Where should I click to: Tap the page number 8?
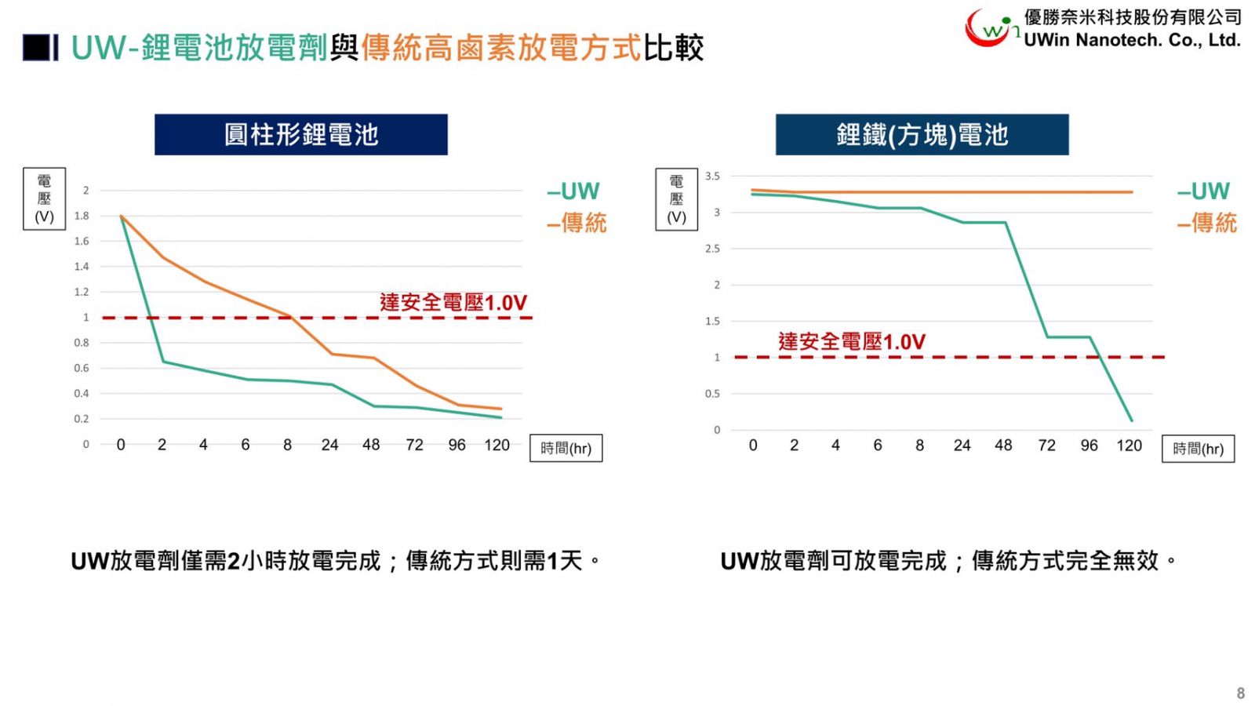[1240, 693]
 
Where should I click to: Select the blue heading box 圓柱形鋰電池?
[301, 135]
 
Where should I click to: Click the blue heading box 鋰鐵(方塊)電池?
[922, 135]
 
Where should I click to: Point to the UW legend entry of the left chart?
[574, 191]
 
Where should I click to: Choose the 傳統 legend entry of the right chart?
[1207, 224]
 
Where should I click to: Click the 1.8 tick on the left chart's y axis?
[82, 216]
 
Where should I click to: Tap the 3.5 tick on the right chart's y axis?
[712, 176]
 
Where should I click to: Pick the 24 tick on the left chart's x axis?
[329, 446]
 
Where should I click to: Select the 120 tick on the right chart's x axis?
[1129, 446]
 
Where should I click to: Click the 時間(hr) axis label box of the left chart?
[566, 449]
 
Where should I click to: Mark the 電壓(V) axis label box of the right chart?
[676, 200]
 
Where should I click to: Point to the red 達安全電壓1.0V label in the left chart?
[453, 303]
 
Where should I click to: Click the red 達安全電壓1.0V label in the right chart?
[852, 342]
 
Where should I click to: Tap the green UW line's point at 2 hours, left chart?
[163, 362]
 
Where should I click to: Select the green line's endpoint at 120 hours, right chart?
[1131, 420]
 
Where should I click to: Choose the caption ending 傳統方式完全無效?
[948, 562]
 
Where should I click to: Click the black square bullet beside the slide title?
[37, 48]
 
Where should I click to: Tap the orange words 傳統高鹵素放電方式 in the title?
[501, 49]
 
